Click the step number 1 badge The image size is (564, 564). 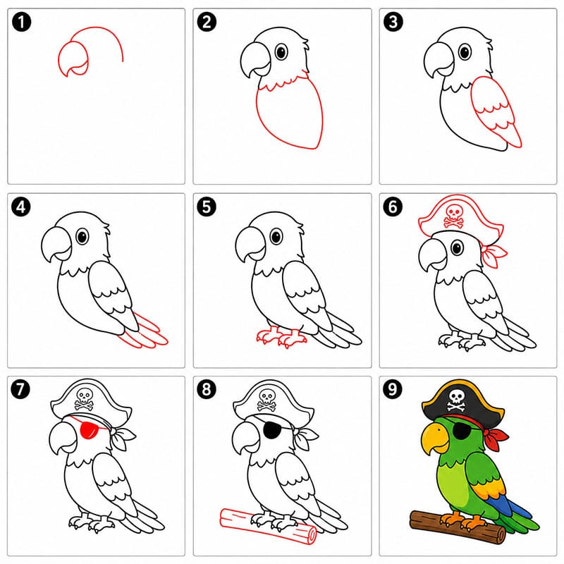[x=21, y=22]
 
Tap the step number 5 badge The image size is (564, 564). [x=207, y=207]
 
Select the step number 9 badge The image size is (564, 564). [x=393, y=389]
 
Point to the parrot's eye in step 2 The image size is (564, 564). [x=281, y=52]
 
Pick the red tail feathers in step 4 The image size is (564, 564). [x=144, y=333]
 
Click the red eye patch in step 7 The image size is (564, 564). [x=90, y=430]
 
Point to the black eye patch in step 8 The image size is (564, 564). [x=273, y=430]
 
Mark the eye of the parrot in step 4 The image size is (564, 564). [x=82, y=237]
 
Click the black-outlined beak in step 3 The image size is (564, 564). [x=439, y=59]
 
